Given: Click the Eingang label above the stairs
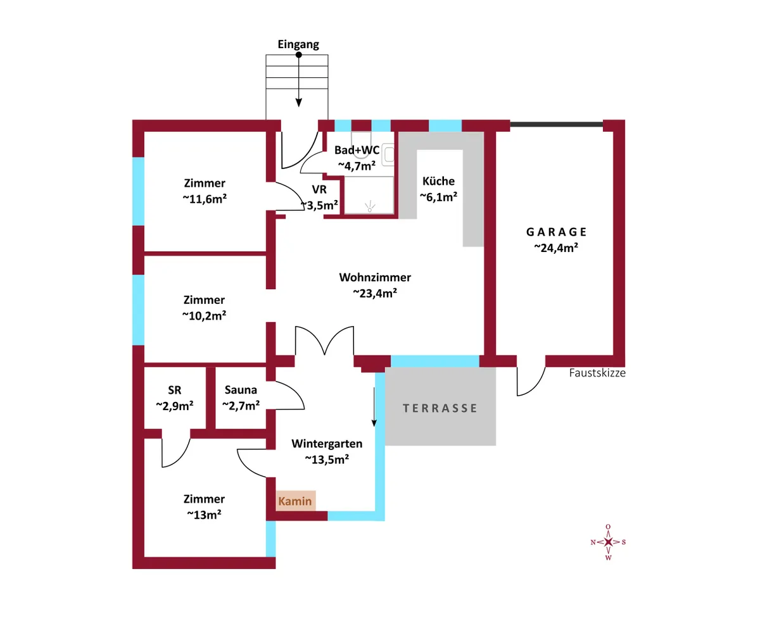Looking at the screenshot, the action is point(298,44).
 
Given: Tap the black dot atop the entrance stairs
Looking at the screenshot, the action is point(298,55).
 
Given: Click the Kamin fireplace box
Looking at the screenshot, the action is point(295,501).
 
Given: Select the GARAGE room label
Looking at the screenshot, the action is point(556,232).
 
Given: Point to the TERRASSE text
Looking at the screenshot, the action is point(440,408).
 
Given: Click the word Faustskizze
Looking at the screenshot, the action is point(597,373).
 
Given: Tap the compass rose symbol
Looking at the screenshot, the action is point(608,542).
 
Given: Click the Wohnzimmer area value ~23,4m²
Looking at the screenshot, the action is point(375,293).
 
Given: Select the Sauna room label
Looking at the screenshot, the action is point(241,390).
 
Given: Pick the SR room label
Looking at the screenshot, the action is point(174,390).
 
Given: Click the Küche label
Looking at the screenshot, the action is point(438,181).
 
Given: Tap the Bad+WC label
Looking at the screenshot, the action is point(357,150).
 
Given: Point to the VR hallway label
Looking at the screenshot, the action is point(319,189).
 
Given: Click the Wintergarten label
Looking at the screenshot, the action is point(327,444).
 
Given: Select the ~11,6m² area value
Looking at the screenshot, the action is point(205,199).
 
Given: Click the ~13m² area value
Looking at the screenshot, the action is point(204,515).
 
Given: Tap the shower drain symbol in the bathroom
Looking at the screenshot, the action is point(370,206).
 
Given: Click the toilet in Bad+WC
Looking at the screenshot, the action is point(361,144).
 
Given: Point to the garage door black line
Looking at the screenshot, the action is point(556,125).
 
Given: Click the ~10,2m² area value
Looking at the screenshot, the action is point(204,315).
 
